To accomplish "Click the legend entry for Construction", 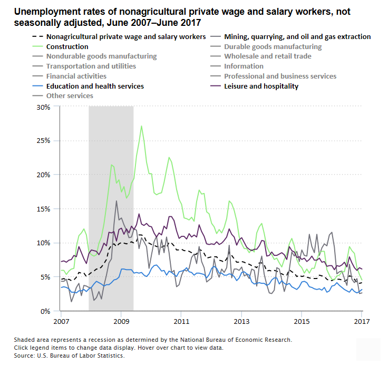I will pos(67,46).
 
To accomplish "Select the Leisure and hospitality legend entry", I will pos(261,86).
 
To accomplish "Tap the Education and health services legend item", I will pos(94,86).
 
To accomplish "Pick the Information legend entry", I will pos(244,66).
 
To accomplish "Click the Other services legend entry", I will pos(70,95).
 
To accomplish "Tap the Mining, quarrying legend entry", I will pos(297,37).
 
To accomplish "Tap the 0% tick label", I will pos(45,311).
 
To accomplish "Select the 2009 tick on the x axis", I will pos(121,321).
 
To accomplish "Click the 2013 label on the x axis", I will pos(241,321).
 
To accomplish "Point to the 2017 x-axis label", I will pos(362,321).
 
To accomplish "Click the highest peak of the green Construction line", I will pos(141,126).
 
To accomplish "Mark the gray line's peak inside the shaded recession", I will pos(116,200).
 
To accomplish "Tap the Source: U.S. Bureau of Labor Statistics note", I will pos(69,356).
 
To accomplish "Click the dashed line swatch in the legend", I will pos(37,37).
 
